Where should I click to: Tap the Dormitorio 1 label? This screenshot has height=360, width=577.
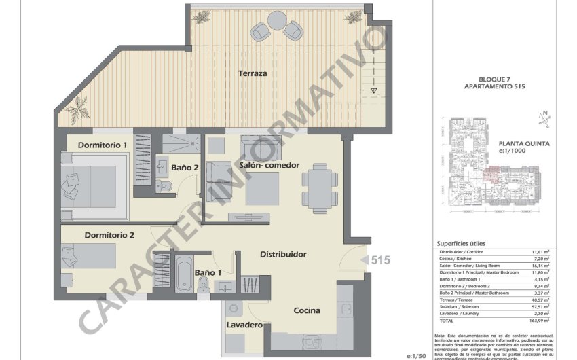[103, 145]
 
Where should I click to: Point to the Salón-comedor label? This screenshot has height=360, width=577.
[269, 165]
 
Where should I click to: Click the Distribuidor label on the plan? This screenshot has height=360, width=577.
[283, 255]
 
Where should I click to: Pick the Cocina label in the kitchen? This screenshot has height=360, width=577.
[307, 310]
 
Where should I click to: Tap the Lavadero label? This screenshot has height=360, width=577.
[244, 325]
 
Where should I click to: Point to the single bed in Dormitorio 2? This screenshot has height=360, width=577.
[88, 257]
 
